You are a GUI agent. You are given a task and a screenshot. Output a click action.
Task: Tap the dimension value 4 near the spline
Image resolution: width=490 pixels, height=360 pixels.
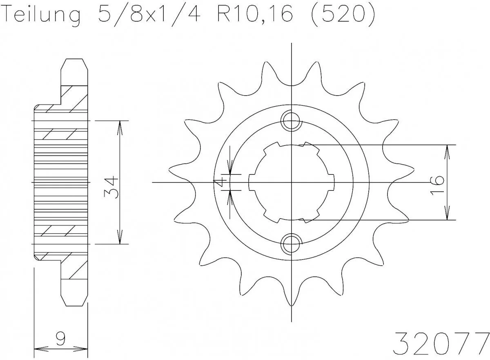pyautogui.click(x=221, y=182)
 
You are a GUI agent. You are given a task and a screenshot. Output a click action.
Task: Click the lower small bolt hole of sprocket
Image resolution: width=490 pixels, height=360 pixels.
pyautogui.click(x=291, y=244)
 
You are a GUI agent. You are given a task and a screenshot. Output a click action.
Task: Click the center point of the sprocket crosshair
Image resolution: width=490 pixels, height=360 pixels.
pyautogui.click(x=291, y=182)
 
